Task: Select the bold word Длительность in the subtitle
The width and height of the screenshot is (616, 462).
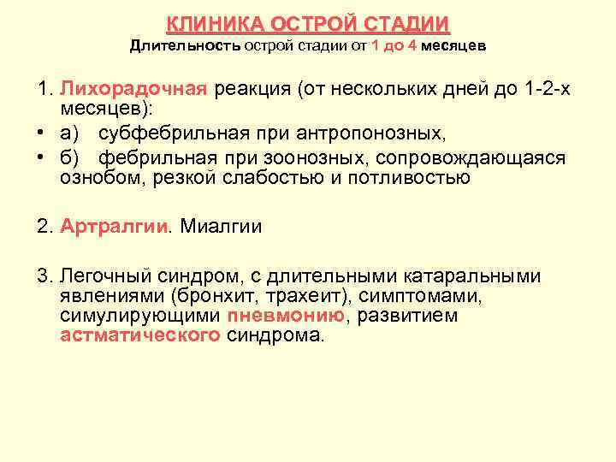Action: click(185, 44)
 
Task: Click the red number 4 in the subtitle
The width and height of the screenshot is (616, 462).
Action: click(412, 44)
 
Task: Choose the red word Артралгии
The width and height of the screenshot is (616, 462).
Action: click(115, 227)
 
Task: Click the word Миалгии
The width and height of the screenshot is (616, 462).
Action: click(222, 227)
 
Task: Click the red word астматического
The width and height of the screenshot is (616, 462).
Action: click(140, 335)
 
